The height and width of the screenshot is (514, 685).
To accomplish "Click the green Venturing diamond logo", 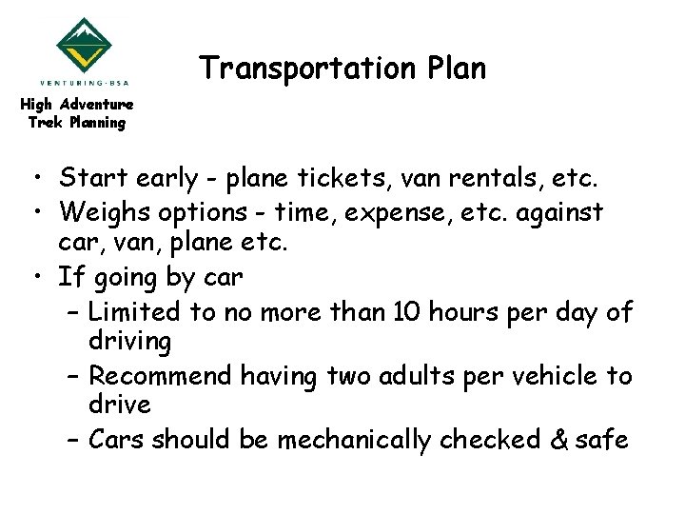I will pyautogui.click(x=85, y=45).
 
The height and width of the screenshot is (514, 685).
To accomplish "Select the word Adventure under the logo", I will pyautogui.click(x=96, y=104).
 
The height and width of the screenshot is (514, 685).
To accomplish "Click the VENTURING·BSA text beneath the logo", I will pyautogui.click(x=85, y=82).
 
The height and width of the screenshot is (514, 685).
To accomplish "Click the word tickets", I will pyautogui.click(x=342, y=178).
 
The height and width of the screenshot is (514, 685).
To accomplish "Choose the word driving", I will pyautogui.click(x=129, y=340).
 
